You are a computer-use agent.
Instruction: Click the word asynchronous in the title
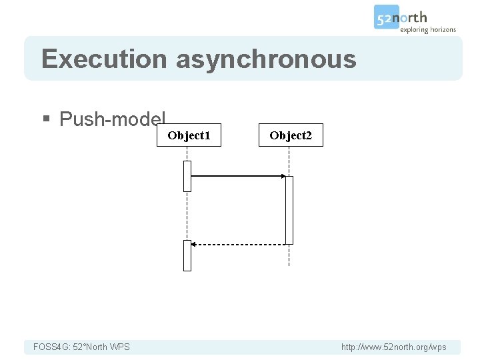click(266, 59)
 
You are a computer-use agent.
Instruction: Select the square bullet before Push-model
click(46, 120)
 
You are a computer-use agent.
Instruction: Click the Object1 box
click(189, 135)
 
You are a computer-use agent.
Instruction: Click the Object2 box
click(291, 135)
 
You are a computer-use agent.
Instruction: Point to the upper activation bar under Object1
click(187, 176)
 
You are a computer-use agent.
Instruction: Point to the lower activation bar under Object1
click(187, 255)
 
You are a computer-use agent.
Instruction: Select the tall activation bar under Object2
click(289, 210)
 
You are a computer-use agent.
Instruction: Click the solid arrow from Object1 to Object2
click(237, 176)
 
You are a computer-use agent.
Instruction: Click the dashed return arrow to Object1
click(240, 245)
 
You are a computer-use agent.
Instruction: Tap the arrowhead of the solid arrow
click(282, 176)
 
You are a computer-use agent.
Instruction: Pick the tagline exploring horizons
click(428, 29)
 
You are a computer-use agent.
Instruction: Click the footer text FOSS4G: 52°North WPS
click(81, 347)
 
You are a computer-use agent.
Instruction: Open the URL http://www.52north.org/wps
click(393, 347)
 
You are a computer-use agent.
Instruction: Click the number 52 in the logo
click(384, 17)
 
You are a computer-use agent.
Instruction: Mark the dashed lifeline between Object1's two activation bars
click(187, 215)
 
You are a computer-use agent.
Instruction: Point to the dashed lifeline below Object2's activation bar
click(289, 256)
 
